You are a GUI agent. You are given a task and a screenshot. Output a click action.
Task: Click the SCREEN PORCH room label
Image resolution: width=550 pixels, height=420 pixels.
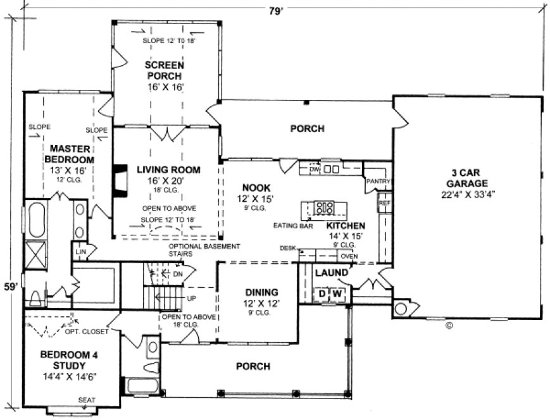[x=165, y=70]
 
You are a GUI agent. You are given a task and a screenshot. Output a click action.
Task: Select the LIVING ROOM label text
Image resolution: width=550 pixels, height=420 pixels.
[x=168, y=170]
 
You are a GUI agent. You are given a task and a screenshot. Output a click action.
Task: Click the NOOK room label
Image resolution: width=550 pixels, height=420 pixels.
[x=256, y=188]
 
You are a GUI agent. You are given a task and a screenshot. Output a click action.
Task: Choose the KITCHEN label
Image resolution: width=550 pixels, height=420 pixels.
[x=346, y=225]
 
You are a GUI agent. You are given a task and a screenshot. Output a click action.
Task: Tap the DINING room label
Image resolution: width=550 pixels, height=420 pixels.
[x=262, y=292]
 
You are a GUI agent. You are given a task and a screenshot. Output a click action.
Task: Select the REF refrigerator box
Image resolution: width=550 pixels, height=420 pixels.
[x=384, y=204]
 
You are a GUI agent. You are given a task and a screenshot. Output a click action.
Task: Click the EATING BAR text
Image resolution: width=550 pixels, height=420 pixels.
[x=290, y=225]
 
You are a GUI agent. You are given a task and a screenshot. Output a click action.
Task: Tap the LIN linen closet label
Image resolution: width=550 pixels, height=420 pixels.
[x=81, y=252]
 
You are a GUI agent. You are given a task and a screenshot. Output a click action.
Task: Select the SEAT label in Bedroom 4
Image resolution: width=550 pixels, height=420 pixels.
[x=86, y=399]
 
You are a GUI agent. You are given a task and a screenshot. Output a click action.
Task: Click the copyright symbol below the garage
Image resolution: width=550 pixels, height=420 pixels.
[x=449, y=326]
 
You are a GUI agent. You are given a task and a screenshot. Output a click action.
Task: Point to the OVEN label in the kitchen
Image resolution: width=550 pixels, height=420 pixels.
[x=349, y=256]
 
